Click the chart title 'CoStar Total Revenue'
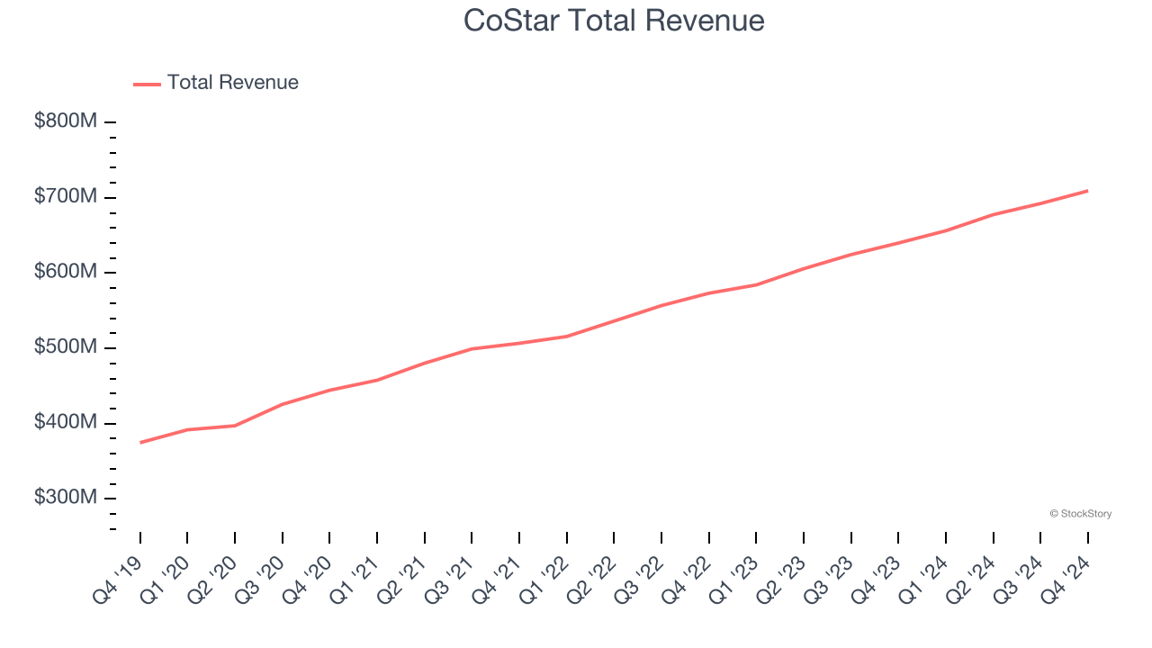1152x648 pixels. [x=614, y=20]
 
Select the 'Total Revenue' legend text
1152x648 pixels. [x=232, y=83]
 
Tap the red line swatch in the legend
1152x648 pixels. [x=147, y=84]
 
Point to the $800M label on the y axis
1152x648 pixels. [x=66, y=121]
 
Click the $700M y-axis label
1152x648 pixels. [x=66, y=197]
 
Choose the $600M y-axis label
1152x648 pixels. [x=66, y=273]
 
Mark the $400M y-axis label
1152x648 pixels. [x=66, y=423]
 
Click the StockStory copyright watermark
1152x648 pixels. [x=1080, y=514]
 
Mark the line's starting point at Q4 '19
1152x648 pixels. [x=140, y=443]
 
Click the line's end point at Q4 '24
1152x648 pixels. [x=1087, y=191]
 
